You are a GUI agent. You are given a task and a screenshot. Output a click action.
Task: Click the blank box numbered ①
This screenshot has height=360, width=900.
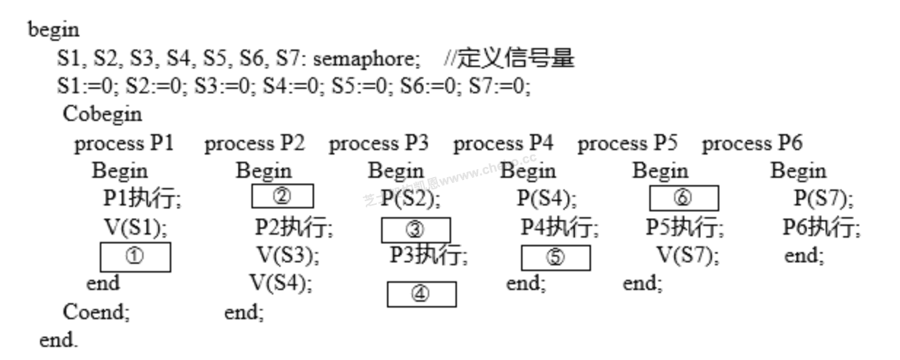[x=135, y=257]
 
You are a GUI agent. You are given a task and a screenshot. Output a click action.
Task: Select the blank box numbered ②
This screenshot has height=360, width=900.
[x=282, y=197]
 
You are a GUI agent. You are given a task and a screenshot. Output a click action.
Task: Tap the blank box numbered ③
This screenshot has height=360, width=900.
[x=415, y=230]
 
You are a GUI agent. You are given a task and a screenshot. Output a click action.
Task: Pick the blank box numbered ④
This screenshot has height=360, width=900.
[x=421, y=294]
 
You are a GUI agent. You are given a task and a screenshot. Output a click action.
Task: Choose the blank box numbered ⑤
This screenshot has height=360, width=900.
[x=555, y=259]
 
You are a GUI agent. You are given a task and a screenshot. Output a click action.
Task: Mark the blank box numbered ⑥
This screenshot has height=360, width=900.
[x=684, y=198]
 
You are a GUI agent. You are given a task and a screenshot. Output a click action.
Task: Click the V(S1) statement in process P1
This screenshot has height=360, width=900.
[x=136, y=227]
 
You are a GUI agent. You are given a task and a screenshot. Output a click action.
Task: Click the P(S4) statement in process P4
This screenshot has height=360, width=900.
[x=547, y=198]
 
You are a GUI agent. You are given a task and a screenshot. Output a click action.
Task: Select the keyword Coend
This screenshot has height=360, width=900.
[x=95, y=312]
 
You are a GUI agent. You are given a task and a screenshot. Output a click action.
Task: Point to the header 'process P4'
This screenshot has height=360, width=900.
[x=503, y=144]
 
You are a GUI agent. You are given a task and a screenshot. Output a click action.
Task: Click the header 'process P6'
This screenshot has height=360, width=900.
[x=752, y=144]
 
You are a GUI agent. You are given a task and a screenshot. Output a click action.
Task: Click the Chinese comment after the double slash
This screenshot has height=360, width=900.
[x=516, y=58]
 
